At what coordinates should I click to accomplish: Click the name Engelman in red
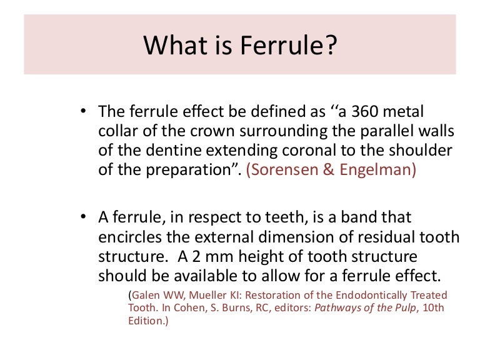click(x=377, y=171)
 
